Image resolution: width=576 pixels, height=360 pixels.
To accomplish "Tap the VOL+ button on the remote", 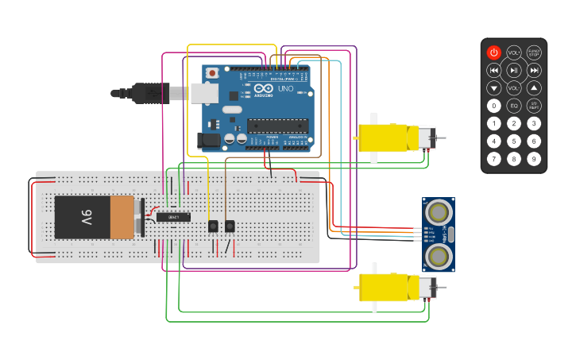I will (x=514, y=52).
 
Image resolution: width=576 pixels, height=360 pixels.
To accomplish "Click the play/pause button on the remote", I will (x=514, y=70).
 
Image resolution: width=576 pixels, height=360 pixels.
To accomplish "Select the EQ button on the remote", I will (x=514, y=106).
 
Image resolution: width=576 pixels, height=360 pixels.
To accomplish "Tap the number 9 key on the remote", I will (x=534, y=159).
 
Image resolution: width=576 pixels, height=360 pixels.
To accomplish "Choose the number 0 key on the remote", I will (x=494, y=106).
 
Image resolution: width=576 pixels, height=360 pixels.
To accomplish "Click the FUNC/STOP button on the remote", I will (x=534, y=52).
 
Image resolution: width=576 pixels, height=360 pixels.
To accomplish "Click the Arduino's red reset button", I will (x=211, y=73).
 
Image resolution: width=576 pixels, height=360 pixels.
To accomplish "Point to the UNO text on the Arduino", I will (x=284, y=89).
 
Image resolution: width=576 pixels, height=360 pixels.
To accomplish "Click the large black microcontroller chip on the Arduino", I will (x=277, y=125).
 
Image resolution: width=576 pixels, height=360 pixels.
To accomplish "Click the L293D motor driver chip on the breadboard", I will (x=173, y=217).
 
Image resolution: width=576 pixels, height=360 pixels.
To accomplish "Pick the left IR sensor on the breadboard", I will (x=213, y=226).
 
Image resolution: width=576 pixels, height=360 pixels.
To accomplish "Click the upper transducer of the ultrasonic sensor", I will (x=437, y=211).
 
